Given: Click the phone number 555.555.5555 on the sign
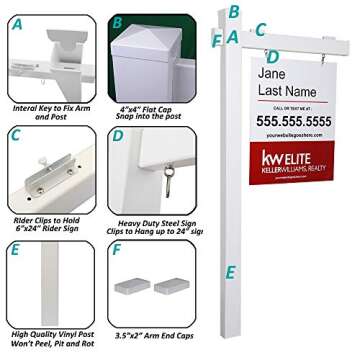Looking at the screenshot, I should (x=295, y=120).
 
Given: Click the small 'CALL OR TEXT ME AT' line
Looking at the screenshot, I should (x=294, y=106).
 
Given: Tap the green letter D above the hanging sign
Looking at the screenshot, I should (x=271, y=57).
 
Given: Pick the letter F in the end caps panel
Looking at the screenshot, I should (x=116, y=249).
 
